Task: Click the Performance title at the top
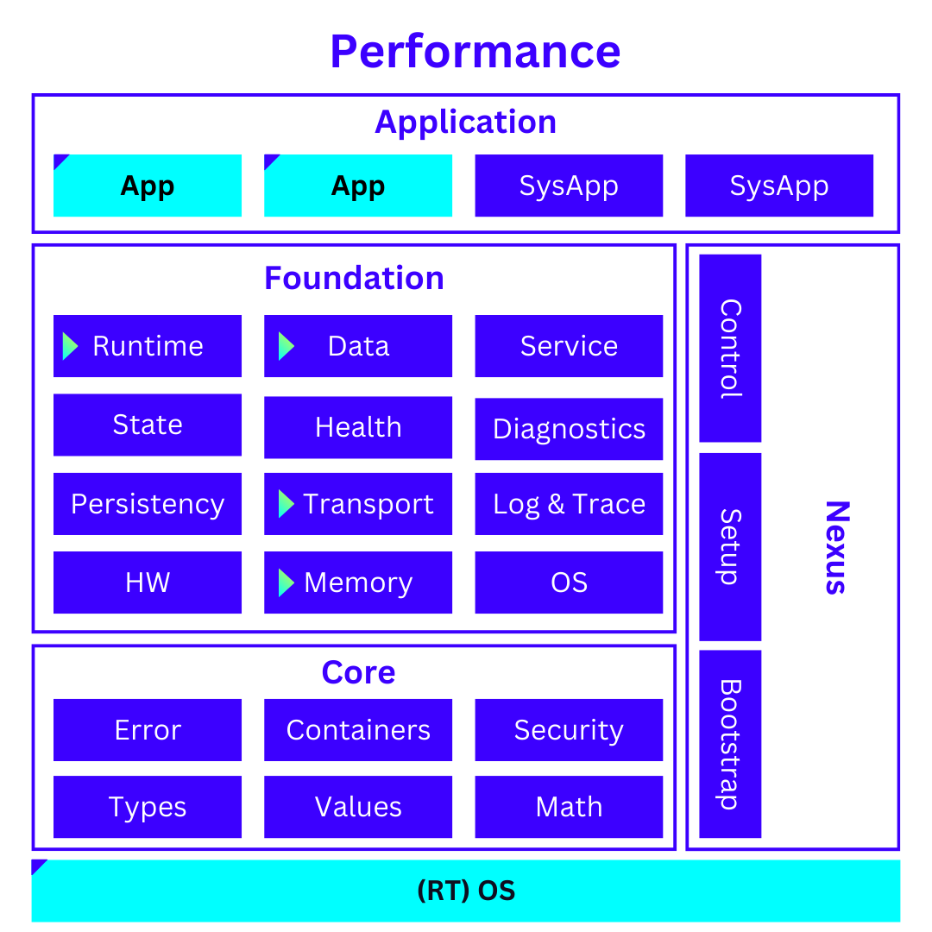[475, 51]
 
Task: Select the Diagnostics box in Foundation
[569, 429]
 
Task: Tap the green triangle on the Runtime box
[70, 346]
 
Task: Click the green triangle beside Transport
[287, 504]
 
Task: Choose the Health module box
[358, 427]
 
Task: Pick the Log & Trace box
[569, 504]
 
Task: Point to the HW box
[148, 582]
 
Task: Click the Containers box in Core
[358, 730]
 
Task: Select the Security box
[569, 730]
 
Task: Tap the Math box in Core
[569, 807]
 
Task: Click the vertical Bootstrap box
[730, 744]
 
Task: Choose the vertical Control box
[730, 348]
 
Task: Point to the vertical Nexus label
[835, 547]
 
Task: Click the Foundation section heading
[354, 278]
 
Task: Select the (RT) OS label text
[466, 891]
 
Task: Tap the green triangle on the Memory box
[287, 582]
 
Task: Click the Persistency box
[148, 504]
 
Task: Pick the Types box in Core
[148, 807]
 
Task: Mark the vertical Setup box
[730, 546]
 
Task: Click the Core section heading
[358, 672]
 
